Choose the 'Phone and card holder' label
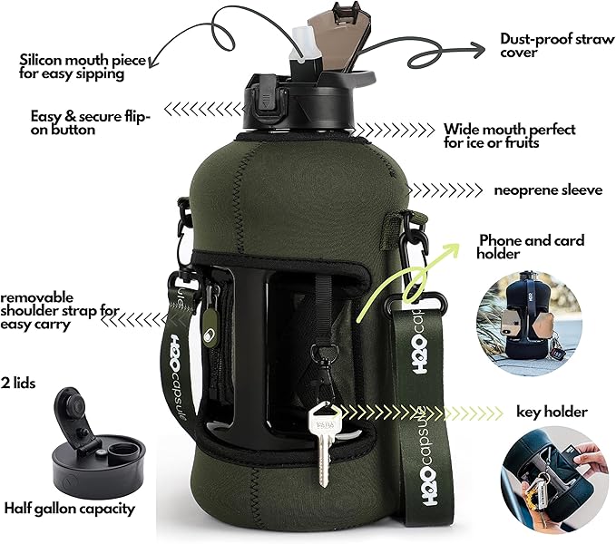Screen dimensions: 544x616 pyautogui.click(x=531, y=248)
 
